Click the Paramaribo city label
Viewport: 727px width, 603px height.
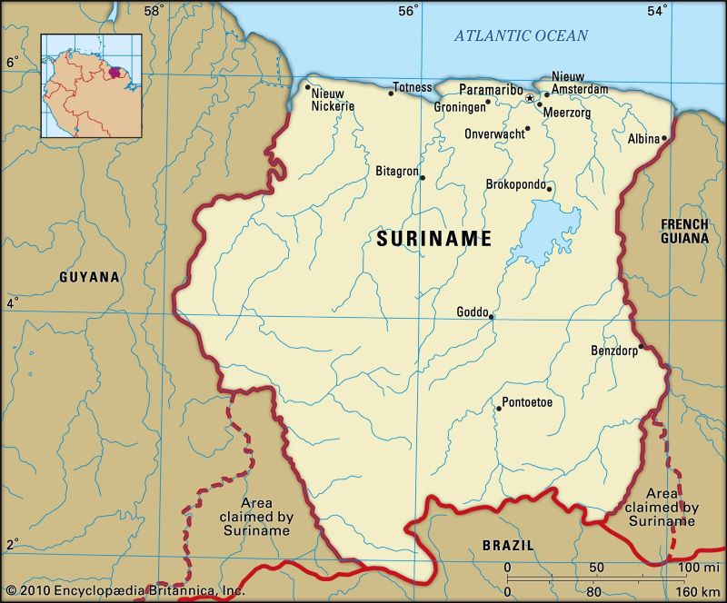[491, 90]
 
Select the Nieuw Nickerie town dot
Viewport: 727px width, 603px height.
[307, 88]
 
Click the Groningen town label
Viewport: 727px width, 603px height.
[460, 105]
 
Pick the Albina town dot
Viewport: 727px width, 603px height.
[664, 138]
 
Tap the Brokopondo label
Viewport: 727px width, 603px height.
[515, 184]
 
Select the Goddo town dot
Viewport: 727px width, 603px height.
[491, 317]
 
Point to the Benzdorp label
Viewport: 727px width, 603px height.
[613, 350]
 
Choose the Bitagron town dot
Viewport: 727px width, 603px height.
[422, 177]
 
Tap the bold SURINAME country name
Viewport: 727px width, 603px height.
[434, 239]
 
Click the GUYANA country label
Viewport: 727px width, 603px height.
[89, 277]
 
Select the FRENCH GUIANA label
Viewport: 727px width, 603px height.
[684, 231]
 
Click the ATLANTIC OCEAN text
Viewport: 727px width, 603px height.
[521, 36]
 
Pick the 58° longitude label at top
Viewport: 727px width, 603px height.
[153, 11]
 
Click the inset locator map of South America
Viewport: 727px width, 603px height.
[91, 85]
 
